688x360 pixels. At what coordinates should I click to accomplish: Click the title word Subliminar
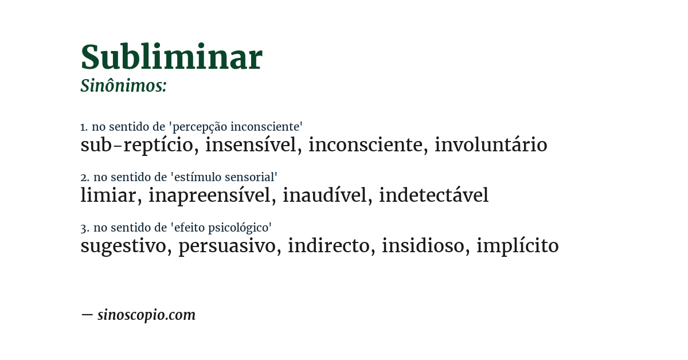[x=171, y=57]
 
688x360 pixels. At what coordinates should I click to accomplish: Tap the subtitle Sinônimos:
[x=123, y=86]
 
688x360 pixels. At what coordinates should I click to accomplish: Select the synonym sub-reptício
[x=137, y=145]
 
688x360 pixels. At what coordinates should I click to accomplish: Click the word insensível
[x=251, y=145]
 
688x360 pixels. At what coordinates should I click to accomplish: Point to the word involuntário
[x=491, y=145]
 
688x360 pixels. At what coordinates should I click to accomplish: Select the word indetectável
[x=433, y=195]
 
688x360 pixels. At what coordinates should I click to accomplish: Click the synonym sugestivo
[x=124, y=246]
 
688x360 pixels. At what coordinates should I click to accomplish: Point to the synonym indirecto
[x=329, y=246]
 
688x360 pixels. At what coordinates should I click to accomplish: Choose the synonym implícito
[x=517, y=246]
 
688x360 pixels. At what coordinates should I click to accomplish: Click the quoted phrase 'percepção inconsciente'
[x=237, y=127]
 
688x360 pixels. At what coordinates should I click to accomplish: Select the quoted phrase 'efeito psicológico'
[x=221, y=228]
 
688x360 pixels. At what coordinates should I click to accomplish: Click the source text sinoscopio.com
[x=146, y=315]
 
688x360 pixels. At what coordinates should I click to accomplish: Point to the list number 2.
[x=84, y=178]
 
